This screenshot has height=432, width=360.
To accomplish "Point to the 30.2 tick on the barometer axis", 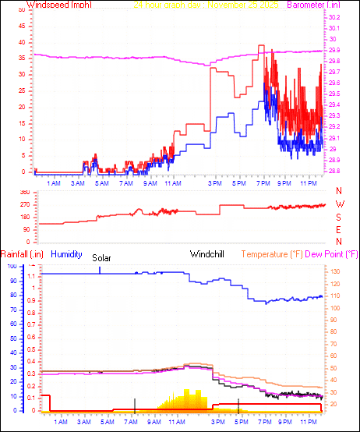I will point(334,17).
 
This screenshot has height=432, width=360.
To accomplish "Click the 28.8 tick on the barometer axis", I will point(334,171).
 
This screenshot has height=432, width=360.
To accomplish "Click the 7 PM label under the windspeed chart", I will point(266,184).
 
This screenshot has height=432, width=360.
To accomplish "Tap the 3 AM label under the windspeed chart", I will point(78,184).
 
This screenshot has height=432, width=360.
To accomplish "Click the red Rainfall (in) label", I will point(19,254).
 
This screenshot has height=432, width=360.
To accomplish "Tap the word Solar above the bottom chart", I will point(102,258).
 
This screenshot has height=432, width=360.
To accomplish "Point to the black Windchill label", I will point(209,254).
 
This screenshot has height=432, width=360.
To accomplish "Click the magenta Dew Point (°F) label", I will point(332,254).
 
